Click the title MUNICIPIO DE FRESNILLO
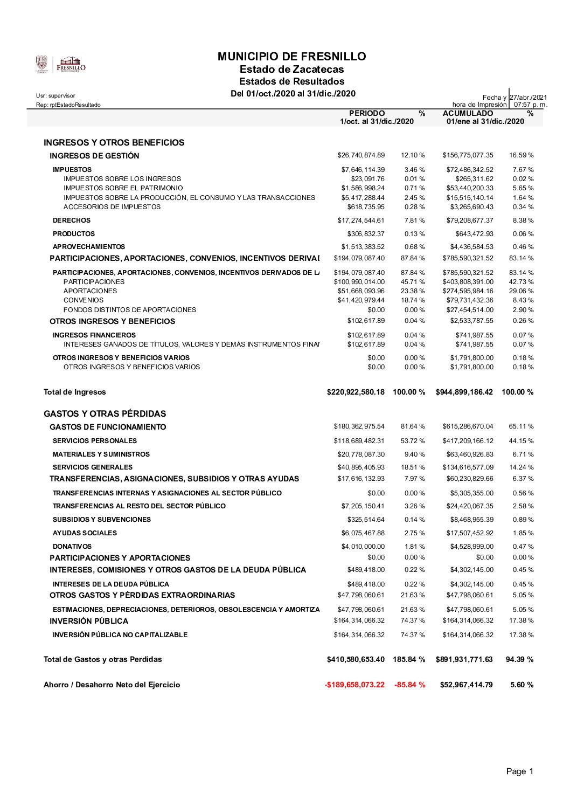[x=291, y=57]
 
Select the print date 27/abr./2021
[x=529, y=97]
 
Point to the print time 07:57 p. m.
[x=530, y=105]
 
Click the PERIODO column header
[x=367, y=113]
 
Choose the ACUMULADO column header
[x=468, y=113]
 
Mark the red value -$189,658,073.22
[x=354, y=685]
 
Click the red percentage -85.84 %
[x=409, y=685]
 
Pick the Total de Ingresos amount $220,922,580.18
[x=356, y=392]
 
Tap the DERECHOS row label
[x=72, y=220]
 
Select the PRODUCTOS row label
[x=74, y=234]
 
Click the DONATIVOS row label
[x=72, y=547]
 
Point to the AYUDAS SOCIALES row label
[x=85, y=533]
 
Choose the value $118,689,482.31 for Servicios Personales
[x=359, y=441]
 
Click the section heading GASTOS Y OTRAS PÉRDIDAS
[x=105, y=414]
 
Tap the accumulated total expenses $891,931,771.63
[x=464, y=659]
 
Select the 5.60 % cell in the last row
[x=522, y=685]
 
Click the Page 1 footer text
[x=519, y=771]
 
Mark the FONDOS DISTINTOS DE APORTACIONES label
[x=130, y=310]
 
